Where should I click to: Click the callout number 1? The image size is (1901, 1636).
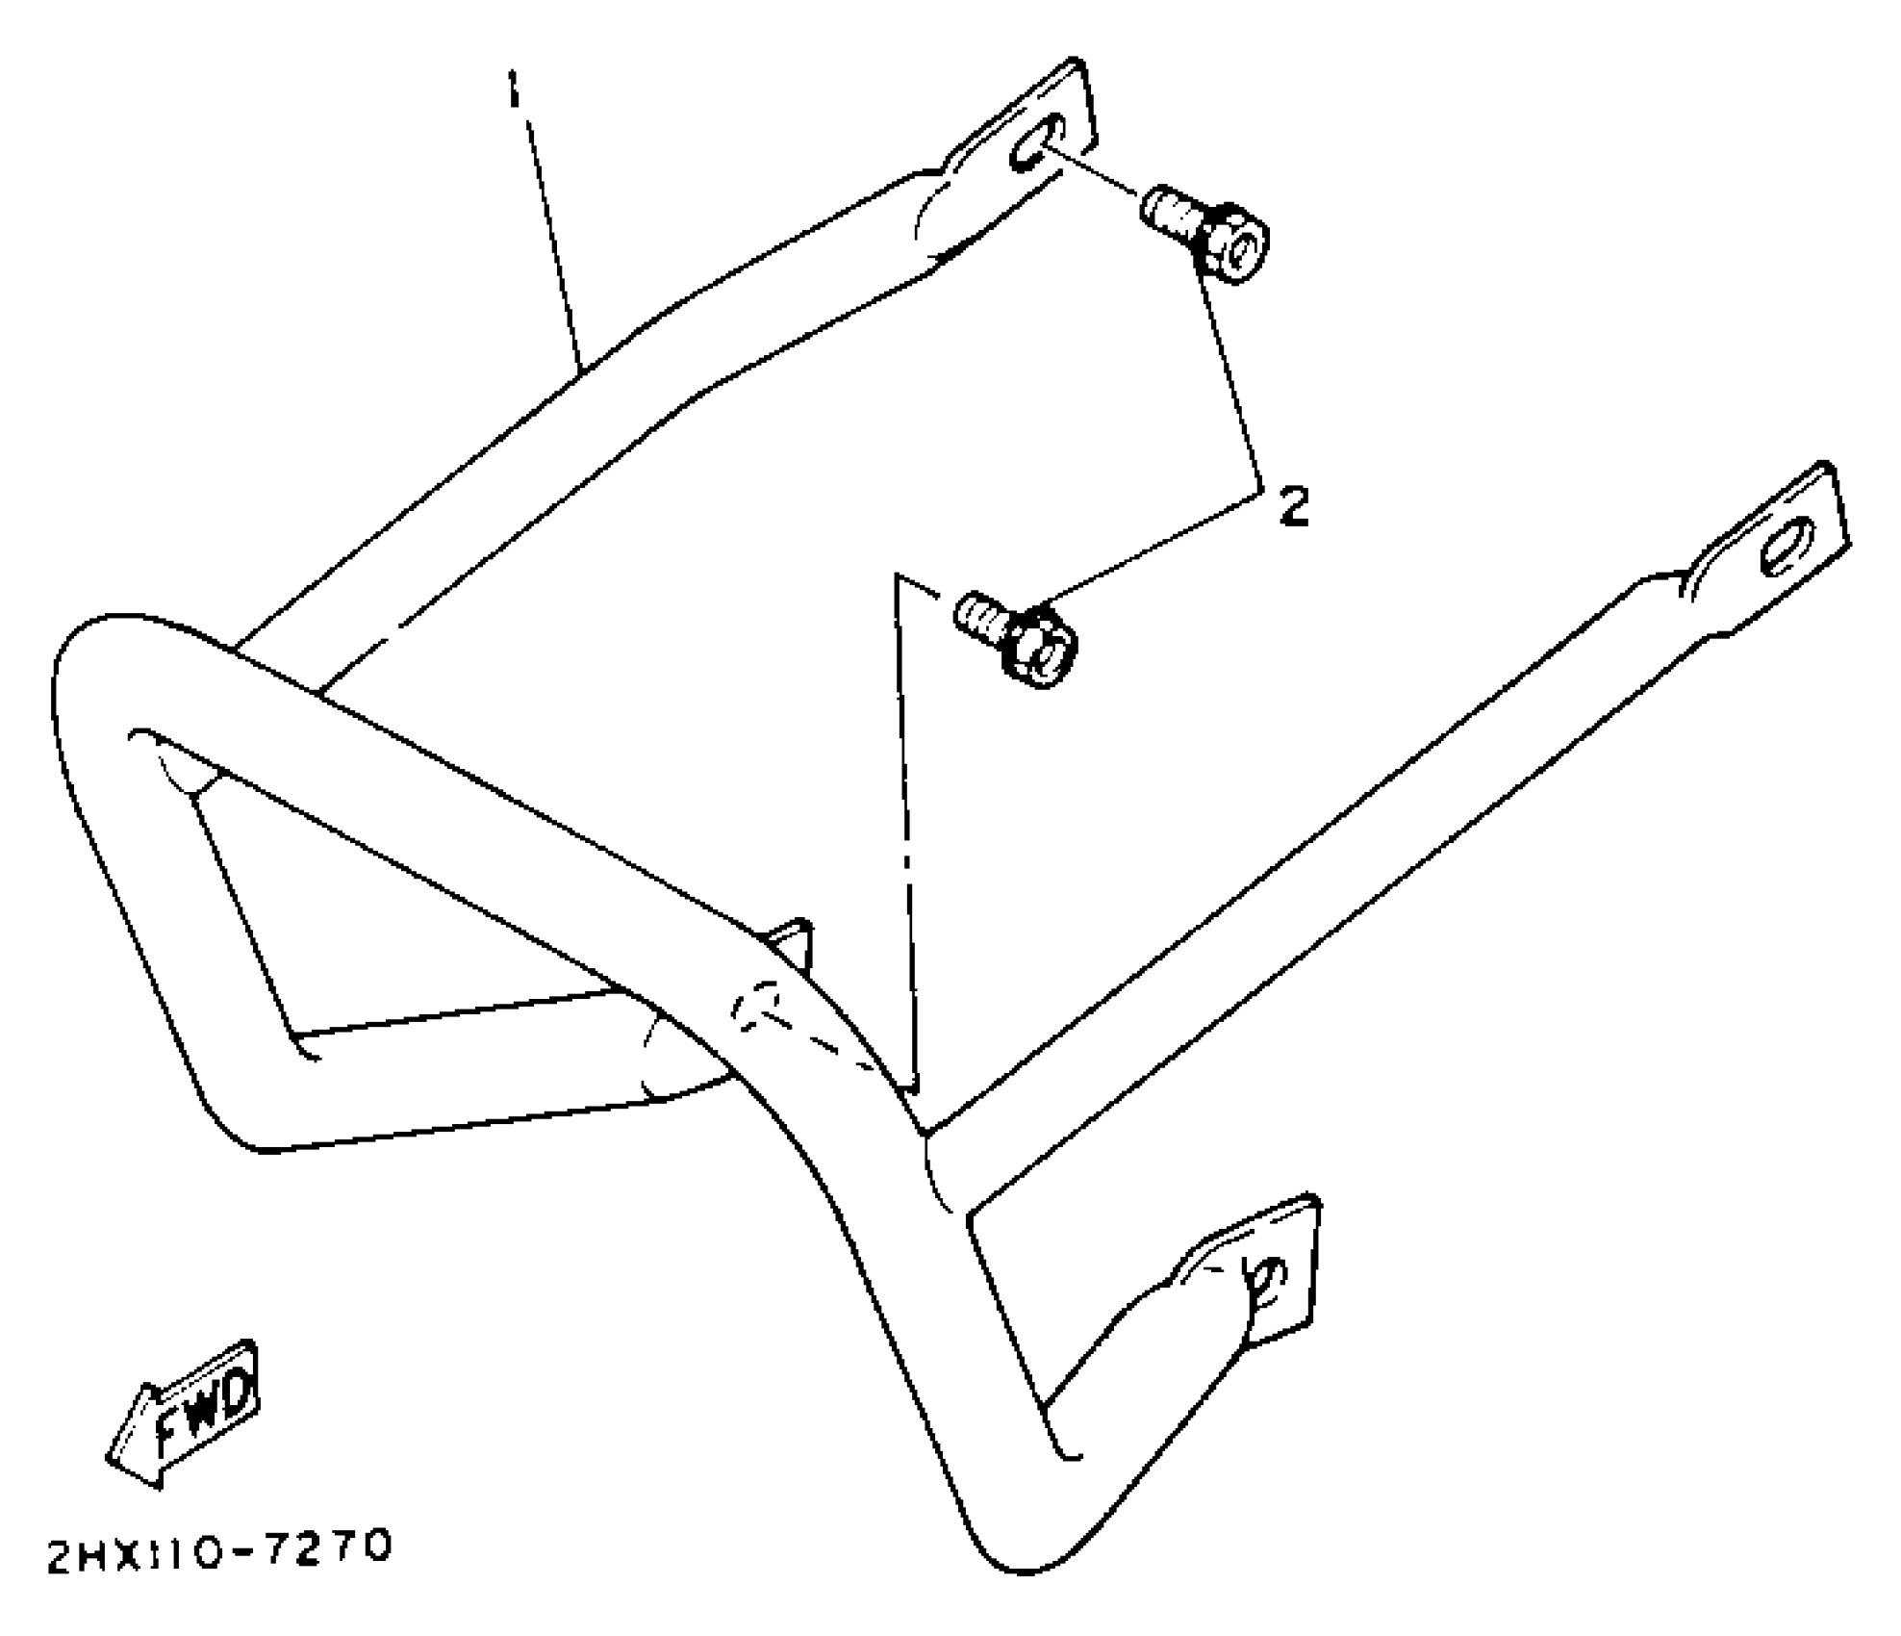coord(514,93)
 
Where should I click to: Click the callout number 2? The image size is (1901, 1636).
coord(1294,506)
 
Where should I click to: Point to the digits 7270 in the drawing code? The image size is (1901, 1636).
coord(333,1547)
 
